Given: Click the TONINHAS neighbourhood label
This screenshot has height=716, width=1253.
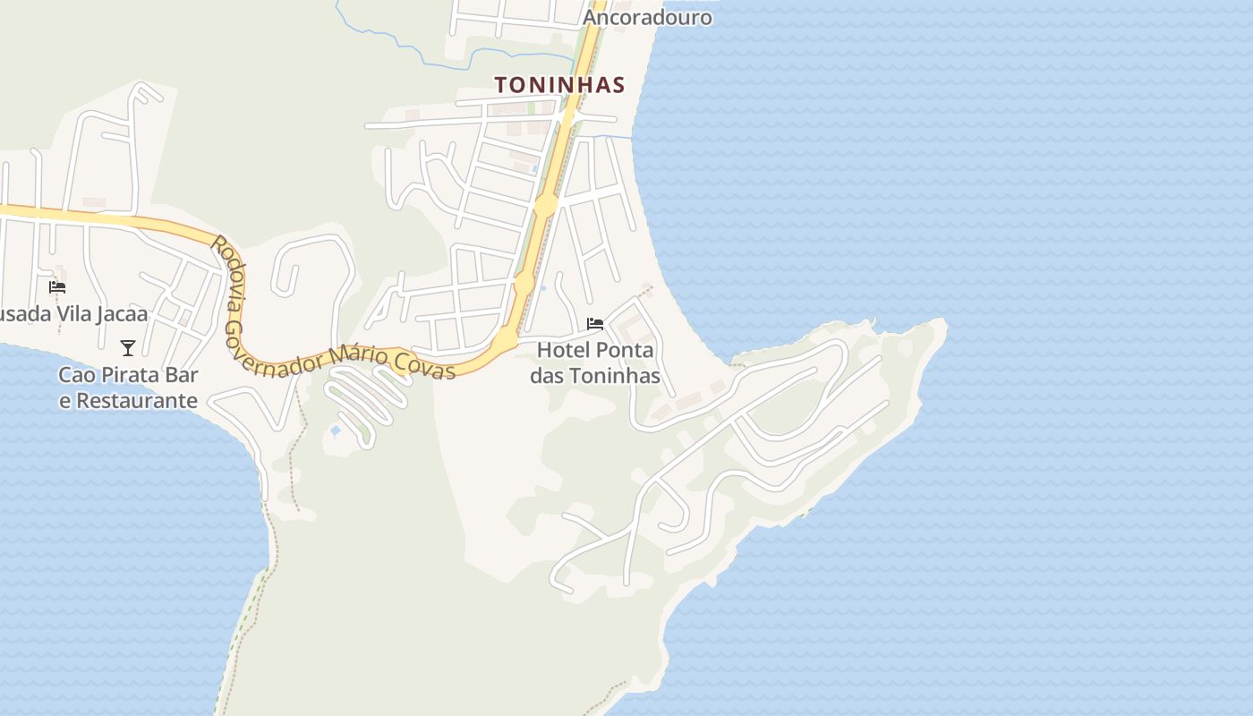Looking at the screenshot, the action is tap(559, 85).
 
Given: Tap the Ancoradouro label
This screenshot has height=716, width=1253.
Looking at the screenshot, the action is tap(647, 17).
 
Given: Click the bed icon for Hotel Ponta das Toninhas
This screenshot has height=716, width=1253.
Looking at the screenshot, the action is tap(594, 323).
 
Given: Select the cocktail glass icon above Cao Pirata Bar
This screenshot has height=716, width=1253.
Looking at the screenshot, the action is tap(128, 347).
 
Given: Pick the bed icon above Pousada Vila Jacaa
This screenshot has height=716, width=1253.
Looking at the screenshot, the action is tap(57, 286).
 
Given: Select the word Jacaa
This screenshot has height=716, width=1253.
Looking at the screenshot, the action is tap(120, 314).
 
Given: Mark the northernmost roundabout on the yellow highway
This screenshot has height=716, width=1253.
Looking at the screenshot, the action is tap(545, 206).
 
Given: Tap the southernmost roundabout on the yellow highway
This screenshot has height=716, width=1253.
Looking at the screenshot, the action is tap(505, 341).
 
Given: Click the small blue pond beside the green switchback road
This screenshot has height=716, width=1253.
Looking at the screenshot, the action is tap(335, 430).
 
